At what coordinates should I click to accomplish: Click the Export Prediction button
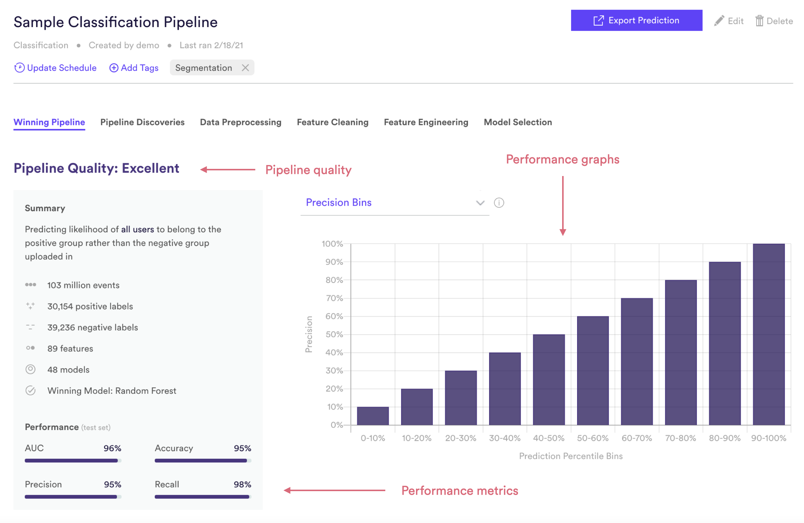point(636,20)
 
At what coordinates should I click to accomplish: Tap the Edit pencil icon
point(719,21)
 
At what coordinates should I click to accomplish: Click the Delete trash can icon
point(759,21)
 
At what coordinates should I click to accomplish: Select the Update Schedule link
point(55,68)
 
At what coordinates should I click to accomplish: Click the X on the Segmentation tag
point(245,68)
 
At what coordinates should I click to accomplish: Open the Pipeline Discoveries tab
point(142,122)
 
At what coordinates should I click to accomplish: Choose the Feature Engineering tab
point(426,122)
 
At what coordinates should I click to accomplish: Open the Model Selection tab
point(518,122)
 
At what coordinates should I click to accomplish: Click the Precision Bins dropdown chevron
point(480,203)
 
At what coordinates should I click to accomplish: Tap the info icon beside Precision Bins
point(499,203)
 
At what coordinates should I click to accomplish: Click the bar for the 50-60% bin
point(593,371)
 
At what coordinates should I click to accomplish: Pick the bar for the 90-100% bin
point(769,334)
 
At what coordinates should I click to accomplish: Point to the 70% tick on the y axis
point(334,298)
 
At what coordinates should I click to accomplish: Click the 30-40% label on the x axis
point(505,438)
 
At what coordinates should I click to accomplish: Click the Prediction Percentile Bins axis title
point(570,456)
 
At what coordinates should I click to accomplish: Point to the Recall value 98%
point(242,485)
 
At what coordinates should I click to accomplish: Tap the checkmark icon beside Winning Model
point(30,390)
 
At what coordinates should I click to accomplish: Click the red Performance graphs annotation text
point(562,159)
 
